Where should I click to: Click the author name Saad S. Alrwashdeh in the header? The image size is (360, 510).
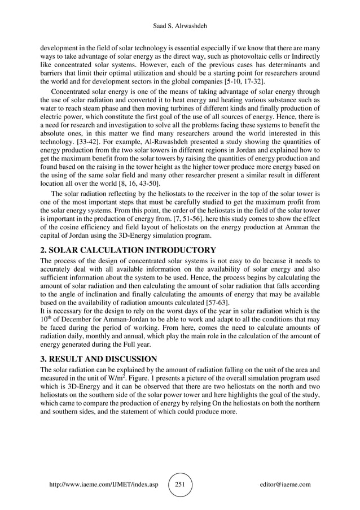click(x=180, y=26)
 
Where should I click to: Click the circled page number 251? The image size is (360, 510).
click(x=180, y=485)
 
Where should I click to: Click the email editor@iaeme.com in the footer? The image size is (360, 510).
click(x=285, y=485)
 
